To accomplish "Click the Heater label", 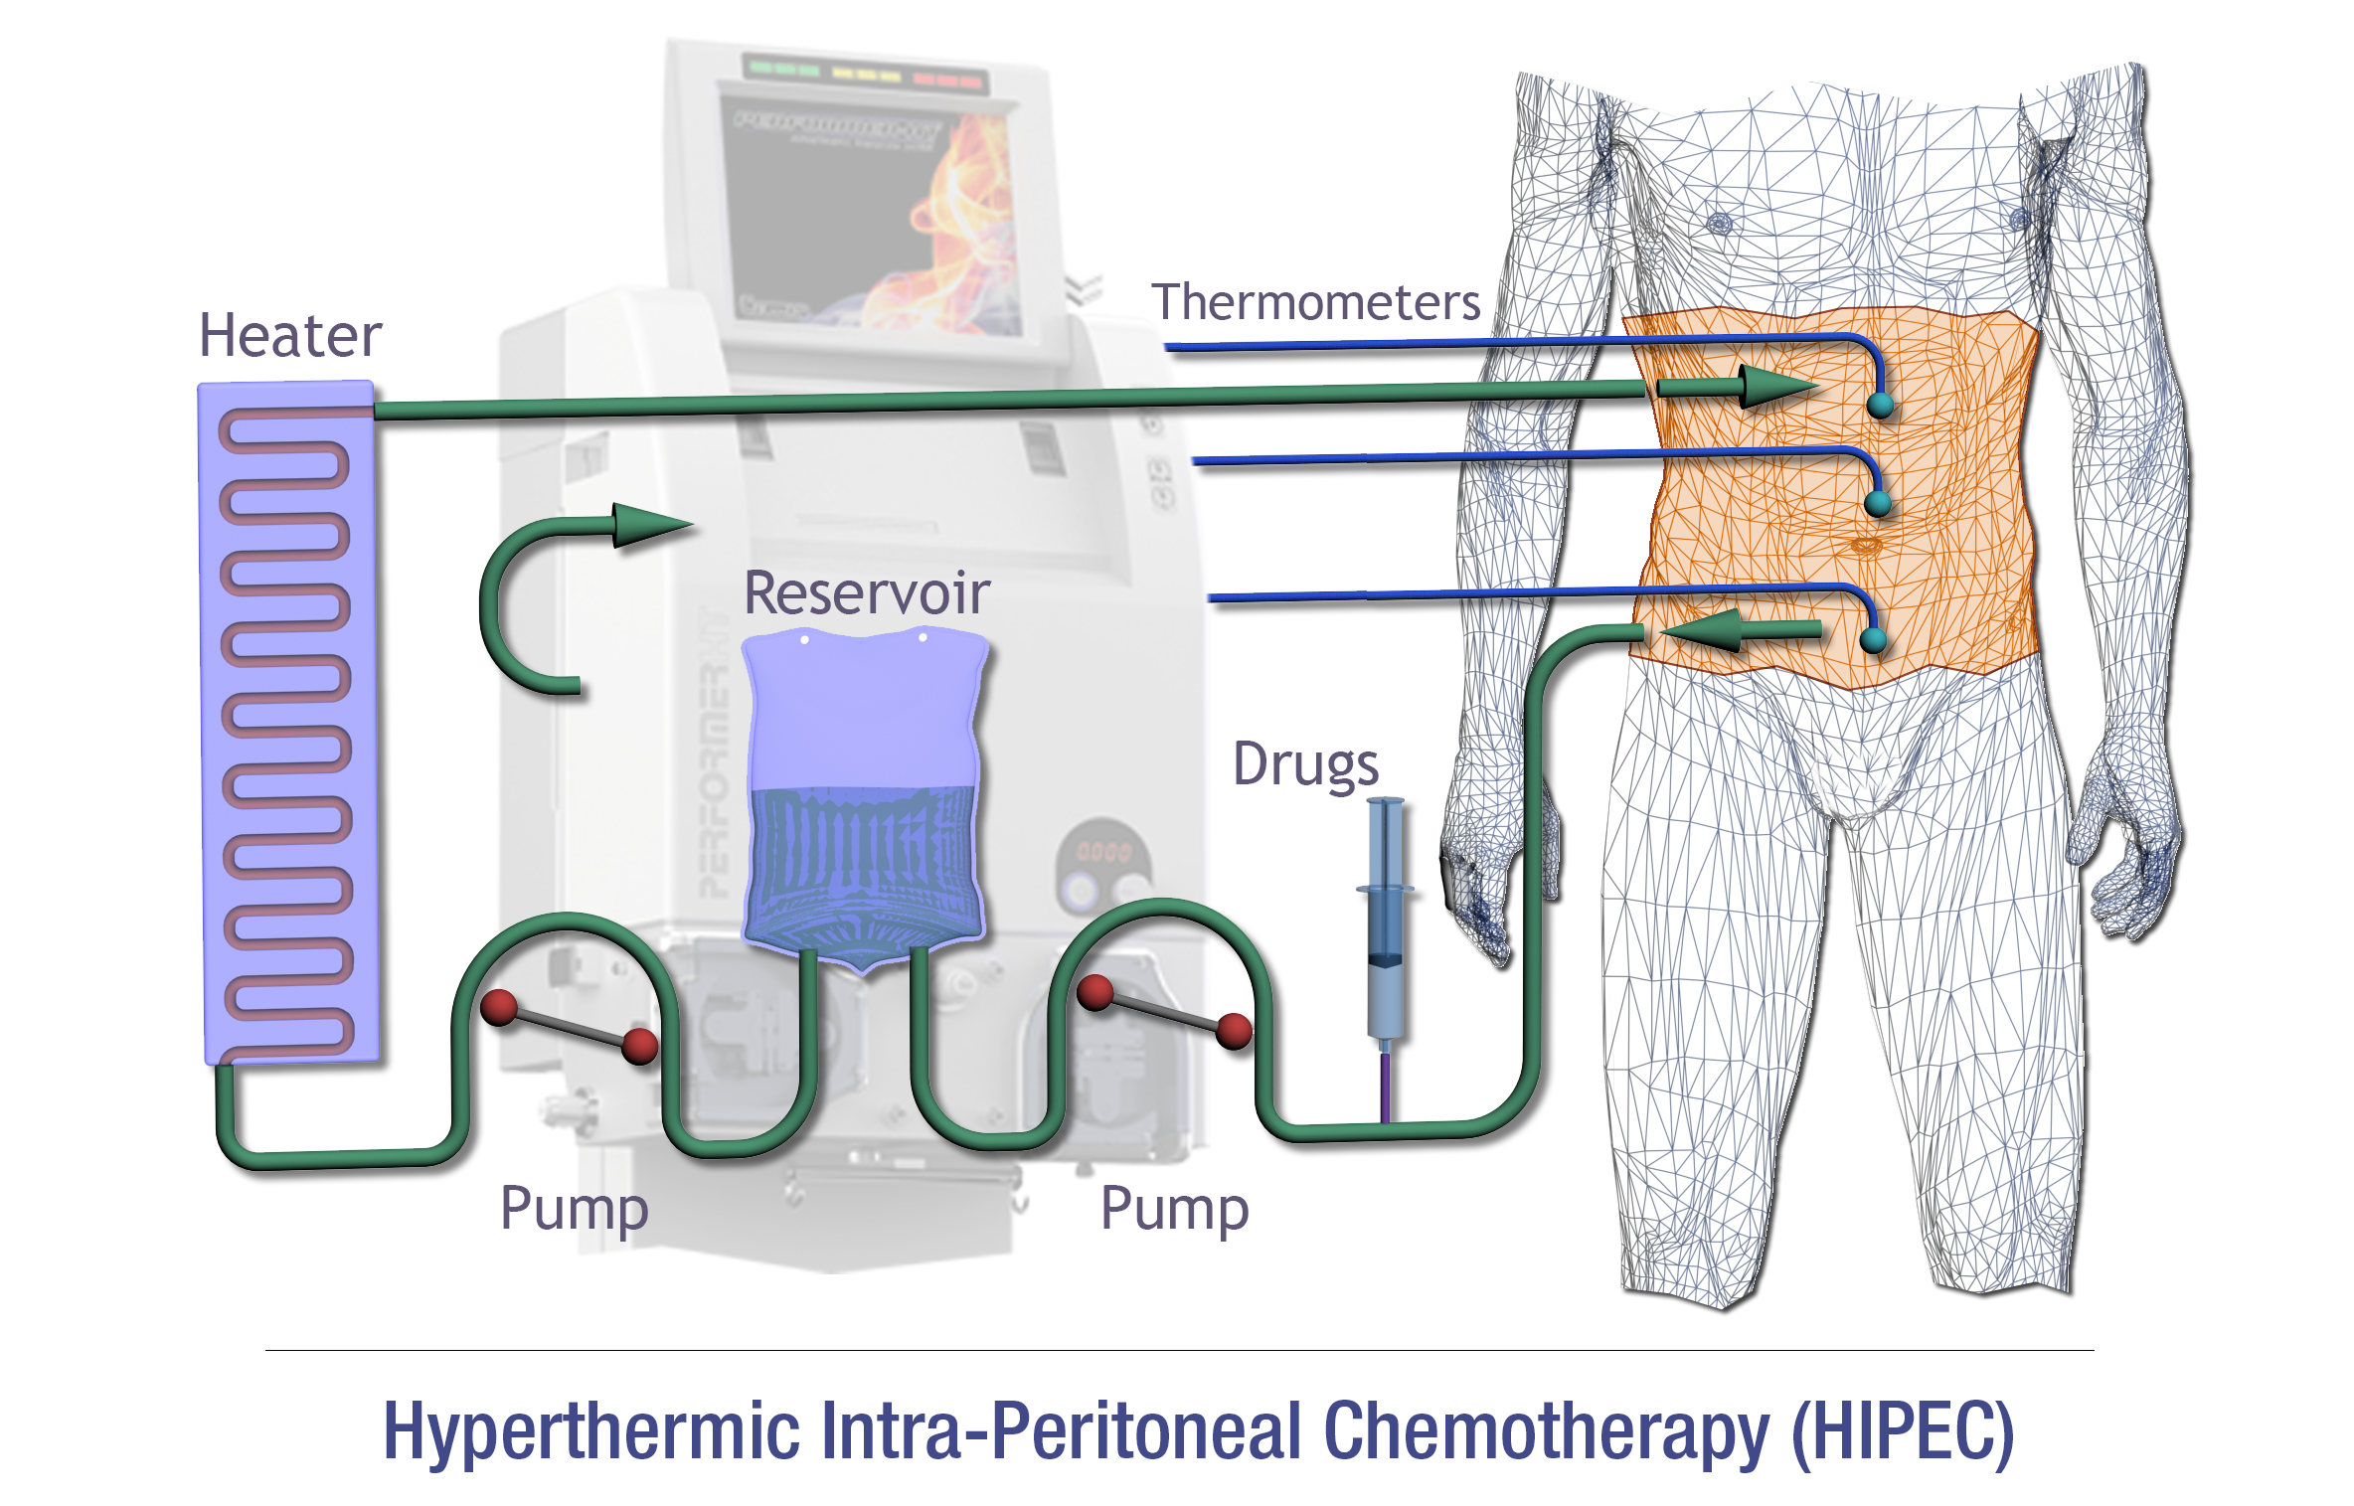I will tap(290, 336).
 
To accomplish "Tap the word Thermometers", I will tap(1315, 303).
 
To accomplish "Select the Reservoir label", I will tap(866, 593).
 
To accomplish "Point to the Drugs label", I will tap(1305, 764).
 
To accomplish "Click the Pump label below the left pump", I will tap(574, 1209).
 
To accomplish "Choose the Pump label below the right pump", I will tap(1174, 1209).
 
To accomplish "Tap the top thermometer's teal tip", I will tap(1880, 405).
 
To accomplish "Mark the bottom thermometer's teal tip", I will tap(1873, 640).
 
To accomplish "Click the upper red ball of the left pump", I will tap(499, 1006).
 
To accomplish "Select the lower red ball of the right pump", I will tap(1234, 1031).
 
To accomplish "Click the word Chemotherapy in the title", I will tap(1546, 1432).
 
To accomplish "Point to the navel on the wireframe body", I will tap(1865, 545).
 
